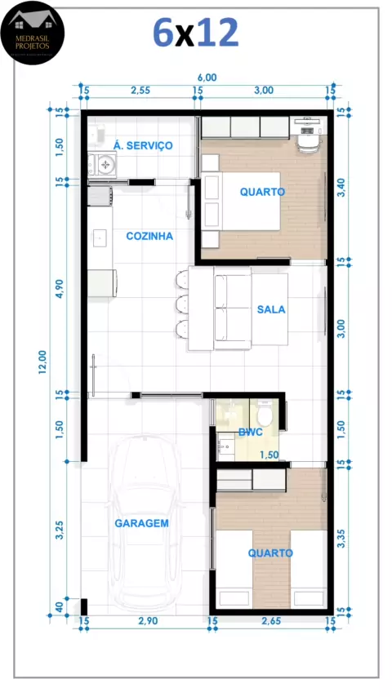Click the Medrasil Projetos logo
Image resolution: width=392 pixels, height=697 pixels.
33,33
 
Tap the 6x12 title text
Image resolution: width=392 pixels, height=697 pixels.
196,33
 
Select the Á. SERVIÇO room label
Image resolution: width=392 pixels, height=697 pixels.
143,145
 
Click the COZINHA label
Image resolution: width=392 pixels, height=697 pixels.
149,236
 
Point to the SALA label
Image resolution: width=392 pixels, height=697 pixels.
271,309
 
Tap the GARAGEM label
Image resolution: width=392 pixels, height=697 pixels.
141,523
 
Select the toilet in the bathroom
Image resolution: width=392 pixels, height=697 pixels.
265,414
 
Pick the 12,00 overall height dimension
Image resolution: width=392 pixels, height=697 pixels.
42,362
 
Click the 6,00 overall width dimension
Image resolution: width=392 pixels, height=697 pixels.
207,78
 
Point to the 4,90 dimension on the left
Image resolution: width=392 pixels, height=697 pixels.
60,288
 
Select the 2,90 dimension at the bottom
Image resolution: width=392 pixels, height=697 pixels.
148,621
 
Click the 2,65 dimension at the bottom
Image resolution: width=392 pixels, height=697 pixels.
271,621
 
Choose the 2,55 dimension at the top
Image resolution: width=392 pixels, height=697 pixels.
140,91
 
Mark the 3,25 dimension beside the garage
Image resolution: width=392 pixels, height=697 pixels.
60,530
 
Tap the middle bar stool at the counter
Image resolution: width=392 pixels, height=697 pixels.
182,304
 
